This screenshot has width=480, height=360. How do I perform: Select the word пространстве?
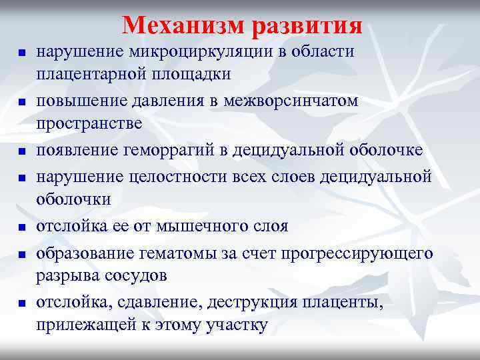click(x=89, y=123)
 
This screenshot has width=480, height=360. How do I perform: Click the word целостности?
click(x=159, y=177)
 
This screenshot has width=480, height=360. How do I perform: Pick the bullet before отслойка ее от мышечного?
click(x=21, y=227)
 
